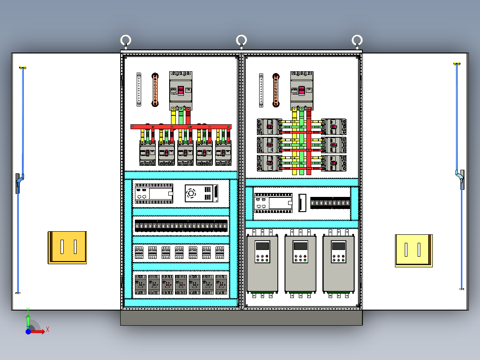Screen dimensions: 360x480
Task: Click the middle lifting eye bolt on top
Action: coord(241,41)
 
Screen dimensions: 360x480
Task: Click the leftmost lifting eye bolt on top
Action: coord(126,41)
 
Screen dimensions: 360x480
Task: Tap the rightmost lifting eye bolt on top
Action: coord(357,41)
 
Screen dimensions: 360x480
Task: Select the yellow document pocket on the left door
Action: coord(67,247)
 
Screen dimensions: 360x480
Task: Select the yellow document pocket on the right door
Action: coord(414,251)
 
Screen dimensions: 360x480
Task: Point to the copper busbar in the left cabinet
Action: coord(155,90)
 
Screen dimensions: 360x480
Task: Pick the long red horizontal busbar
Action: coord(181,127)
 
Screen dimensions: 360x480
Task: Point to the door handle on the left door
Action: coord(18,183)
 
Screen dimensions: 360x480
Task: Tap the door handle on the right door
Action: coord(461,180)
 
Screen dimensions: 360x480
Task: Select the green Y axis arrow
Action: coord(28,319)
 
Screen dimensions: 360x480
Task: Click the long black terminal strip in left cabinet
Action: coord(181,225)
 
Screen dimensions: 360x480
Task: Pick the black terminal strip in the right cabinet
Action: coord(330,203)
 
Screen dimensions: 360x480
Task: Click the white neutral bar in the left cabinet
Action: coord(139,90)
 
